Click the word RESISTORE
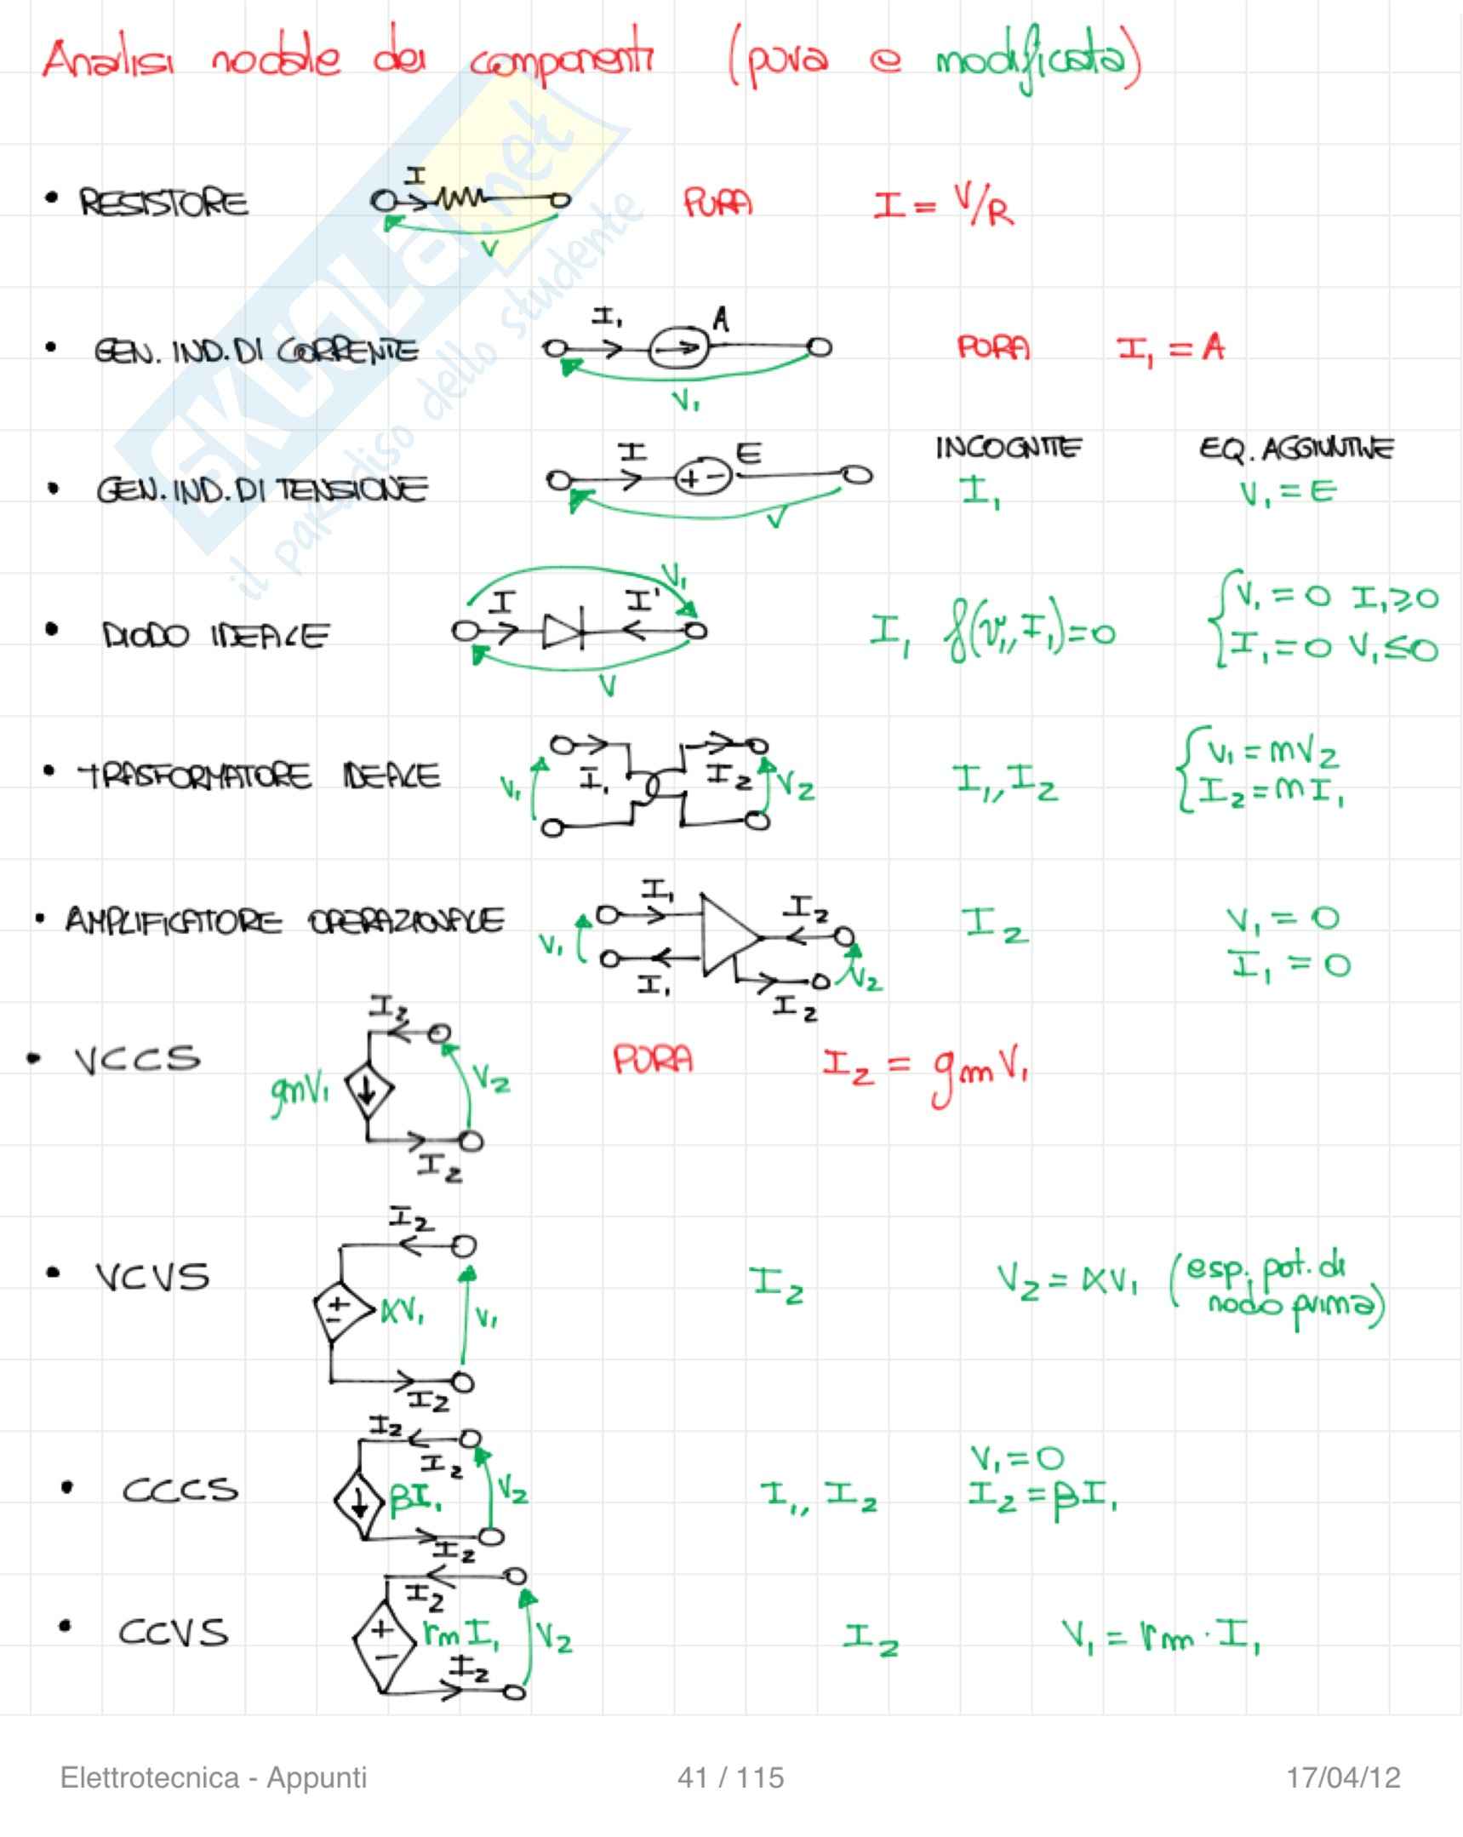[163, 203]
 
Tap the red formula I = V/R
[943, 205]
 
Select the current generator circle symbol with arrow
[678, 347]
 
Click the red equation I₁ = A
[1171, 348]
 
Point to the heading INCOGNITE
[1009, 448]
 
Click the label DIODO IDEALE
[214, 636]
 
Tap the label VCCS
[137, 1059]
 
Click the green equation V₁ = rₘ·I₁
[1161, 1634]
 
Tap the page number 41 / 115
[730, 1777]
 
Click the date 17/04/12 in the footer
[1343, 1777]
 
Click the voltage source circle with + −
[703, 478]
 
